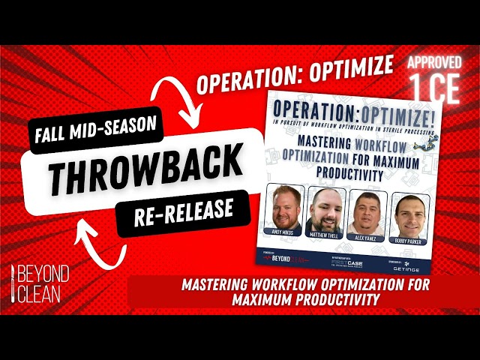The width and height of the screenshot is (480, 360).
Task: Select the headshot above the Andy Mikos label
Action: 286,208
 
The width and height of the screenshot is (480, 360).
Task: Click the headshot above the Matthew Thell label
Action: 325,212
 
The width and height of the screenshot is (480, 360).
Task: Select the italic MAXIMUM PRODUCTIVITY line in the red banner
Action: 303,299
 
